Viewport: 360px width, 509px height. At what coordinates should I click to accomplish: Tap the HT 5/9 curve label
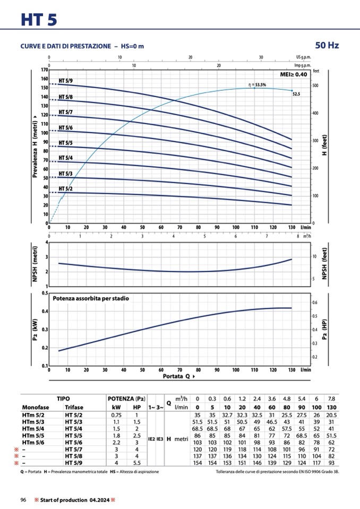(x=66, y=81)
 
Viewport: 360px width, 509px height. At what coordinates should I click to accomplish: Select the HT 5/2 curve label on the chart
(x=66, y=189)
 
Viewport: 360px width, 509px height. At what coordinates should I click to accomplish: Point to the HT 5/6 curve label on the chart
(x=66, y=128)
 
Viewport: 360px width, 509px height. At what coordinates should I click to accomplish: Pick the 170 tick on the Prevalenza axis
(x=45, y=70)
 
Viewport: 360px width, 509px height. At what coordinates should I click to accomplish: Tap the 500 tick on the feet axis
(x=316, y=86)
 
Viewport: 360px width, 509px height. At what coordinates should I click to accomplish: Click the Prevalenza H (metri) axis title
(x=36, y=146)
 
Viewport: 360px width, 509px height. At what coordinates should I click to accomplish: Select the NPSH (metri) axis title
(x=36, y=264)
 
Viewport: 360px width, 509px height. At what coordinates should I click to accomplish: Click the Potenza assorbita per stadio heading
(x=91, y=298)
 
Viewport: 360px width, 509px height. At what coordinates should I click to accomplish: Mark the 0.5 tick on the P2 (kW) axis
(x=45, y=293)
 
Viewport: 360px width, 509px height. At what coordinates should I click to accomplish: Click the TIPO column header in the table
(x=63, y=398)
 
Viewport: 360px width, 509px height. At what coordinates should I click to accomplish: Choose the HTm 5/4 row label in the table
(x=33, y=428)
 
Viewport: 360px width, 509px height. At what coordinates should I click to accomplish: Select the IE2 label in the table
(x=151, y=439)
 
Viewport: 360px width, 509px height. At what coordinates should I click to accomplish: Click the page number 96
(x=23, y=500)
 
